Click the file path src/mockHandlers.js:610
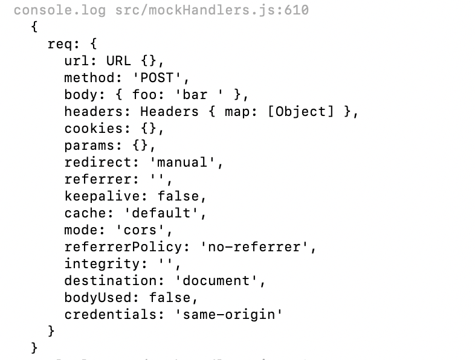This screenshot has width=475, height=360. point(212,10)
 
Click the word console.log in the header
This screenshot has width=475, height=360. point(60,10)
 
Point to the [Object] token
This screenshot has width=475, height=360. point(300,112)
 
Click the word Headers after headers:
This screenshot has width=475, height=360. point(169,112)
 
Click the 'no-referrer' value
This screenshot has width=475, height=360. point(258,247)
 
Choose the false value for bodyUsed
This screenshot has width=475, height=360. point(173,298)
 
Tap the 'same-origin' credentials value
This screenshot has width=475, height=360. point(233,315)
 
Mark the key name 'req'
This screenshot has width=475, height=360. point(60,44)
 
